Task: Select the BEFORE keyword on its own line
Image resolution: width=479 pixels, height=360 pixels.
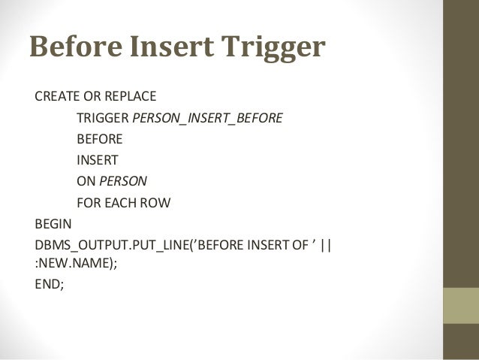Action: [100, 139]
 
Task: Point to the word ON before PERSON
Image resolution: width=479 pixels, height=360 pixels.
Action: [86, 181]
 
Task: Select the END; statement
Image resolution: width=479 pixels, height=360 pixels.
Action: [47, 286]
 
